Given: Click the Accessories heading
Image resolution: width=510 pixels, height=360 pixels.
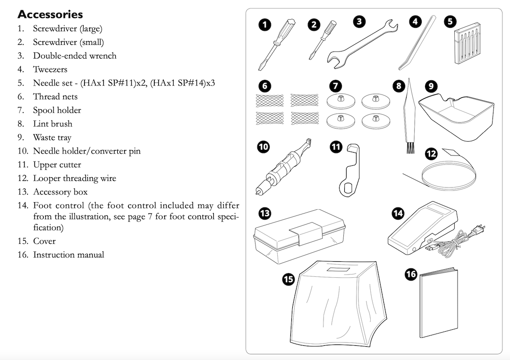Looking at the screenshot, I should click(x=50, y=14).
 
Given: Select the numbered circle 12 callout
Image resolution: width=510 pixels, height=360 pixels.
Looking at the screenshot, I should click(x=431, y=154).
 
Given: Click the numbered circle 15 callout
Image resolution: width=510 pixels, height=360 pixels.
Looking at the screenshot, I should click(x=288, y=279).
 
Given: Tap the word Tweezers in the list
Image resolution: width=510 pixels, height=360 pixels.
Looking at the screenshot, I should click(x=50, y=69).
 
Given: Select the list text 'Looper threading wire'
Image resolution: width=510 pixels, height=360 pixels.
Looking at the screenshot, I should click(x=74, y=178).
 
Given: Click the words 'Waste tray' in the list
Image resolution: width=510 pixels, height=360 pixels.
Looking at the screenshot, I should click(x=52, y=137).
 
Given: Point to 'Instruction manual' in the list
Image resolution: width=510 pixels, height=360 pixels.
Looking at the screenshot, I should click(x=68, y=255).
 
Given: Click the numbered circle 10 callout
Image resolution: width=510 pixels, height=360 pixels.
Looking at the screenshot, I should click(x=263, y=147).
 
